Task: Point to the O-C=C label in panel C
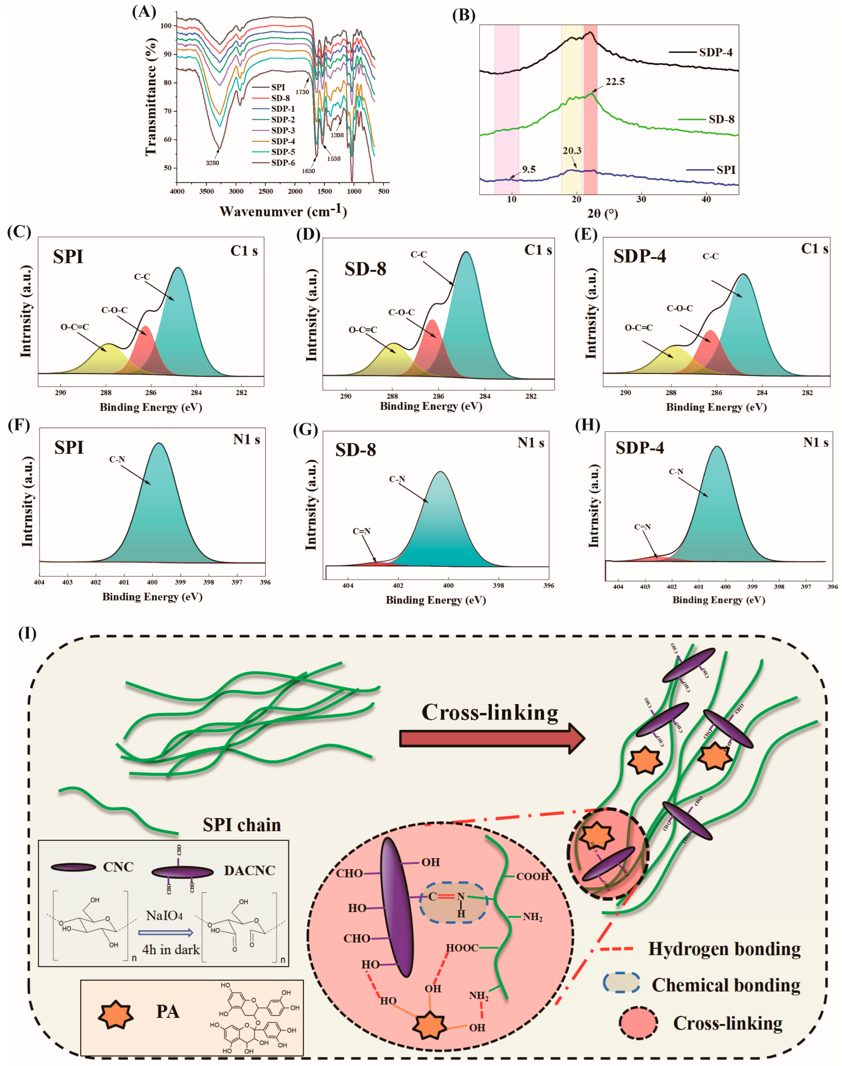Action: click(x=75, y=327)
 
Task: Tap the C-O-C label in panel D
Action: click(x=401, y=312)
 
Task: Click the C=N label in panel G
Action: click(x=361, y=531)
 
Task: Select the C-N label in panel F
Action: click(x=117, y=459)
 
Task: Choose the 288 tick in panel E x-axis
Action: click(x=671, y=393)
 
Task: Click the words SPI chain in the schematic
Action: click(x=242, y=825)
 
